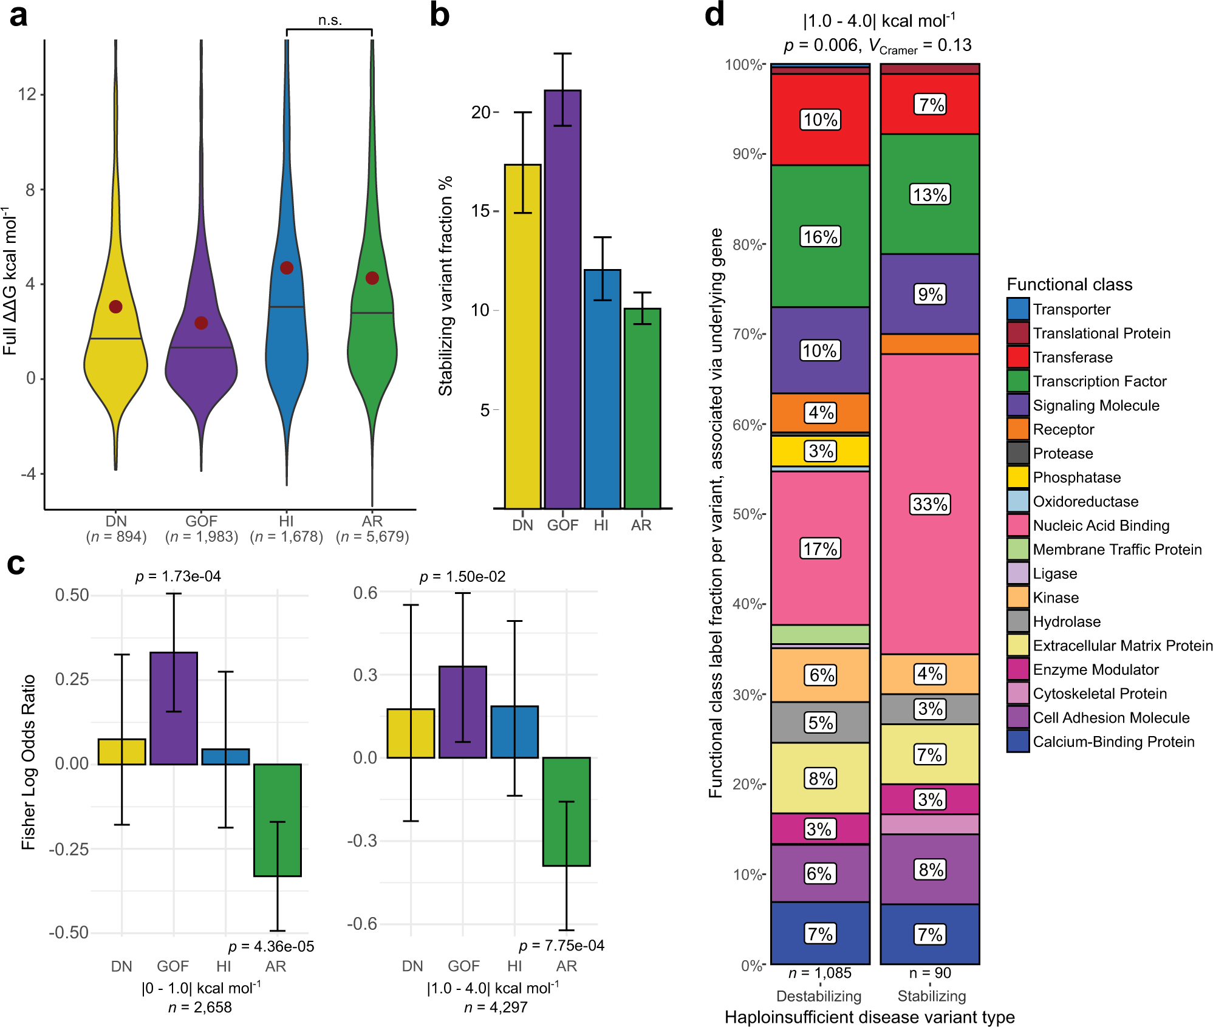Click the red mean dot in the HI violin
point(287,268)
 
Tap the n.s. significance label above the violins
point(330,21)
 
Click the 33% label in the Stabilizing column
point(930,504)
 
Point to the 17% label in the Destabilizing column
point(820,549)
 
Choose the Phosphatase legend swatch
point(1018,477)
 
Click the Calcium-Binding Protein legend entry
point(1113,742)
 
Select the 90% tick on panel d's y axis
point(747,154)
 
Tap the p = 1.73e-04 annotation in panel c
point(178,576)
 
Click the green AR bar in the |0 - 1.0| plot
point(278,820)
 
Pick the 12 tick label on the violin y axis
point(27,94)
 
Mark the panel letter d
point(714,15)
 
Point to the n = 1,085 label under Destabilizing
point(820,973)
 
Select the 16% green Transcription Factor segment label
point(820,237)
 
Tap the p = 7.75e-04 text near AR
point(561,946)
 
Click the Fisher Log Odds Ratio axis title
point(29,762)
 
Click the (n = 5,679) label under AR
point(372,537)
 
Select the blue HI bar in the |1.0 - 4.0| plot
point(514,732)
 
